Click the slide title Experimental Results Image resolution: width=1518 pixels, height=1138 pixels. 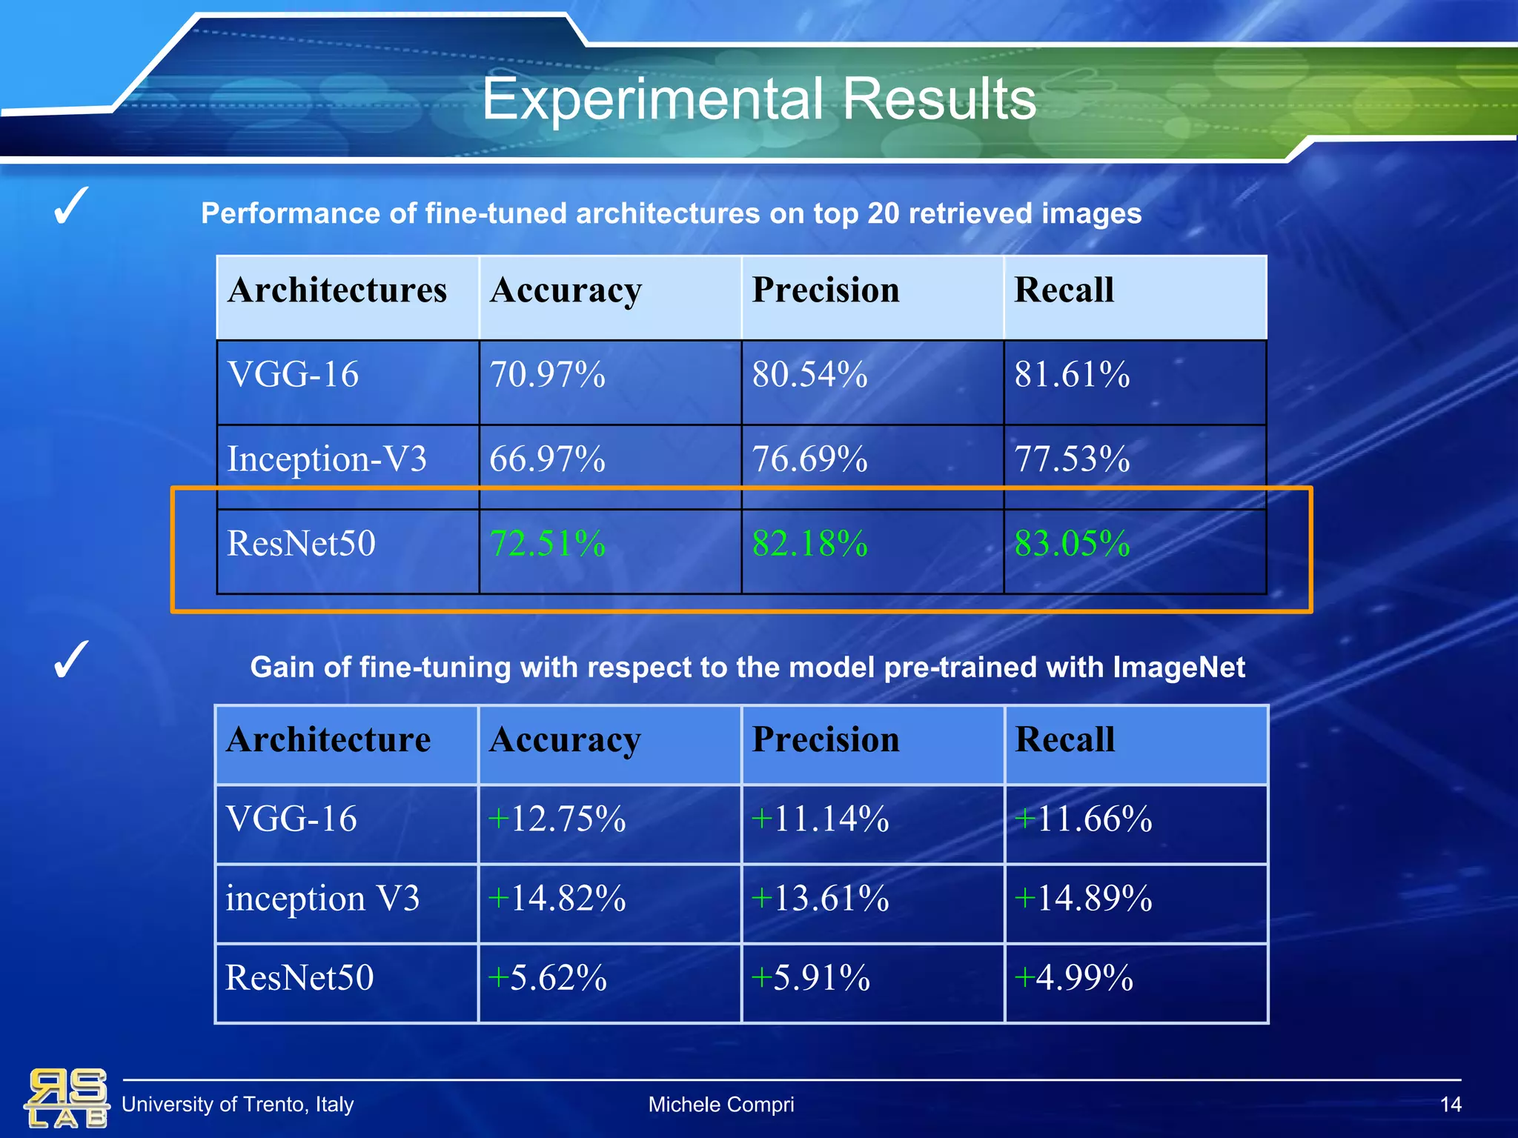[758, 99]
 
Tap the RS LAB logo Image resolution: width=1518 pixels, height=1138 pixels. [67, 1097]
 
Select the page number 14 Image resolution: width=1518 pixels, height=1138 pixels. [1450, 1105]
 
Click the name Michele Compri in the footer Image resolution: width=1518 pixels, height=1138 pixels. [720, 1105]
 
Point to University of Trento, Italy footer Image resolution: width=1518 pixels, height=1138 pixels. [237, 1105]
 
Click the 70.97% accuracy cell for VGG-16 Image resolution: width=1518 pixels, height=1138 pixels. [547, 375]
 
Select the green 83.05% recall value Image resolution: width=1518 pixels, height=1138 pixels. [1072, 544]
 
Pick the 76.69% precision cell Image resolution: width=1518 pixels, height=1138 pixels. [809, 459]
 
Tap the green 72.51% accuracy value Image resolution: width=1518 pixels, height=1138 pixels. [547, 544]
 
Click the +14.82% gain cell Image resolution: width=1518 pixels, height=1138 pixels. [557, 899]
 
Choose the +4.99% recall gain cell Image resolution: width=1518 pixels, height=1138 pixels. [1073, 978]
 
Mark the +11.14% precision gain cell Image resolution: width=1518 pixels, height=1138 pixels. [820, 819]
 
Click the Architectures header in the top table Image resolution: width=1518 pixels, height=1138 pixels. [337, 290]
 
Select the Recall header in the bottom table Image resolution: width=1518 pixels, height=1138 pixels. [1064, 740]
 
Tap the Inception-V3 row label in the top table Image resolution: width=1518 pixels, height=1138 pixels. [327, 459]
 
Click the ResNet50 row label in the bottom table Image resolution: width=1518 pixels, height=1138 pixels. [299, 978]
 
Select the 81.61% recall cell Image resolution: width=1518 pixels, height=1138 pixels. [1072, 375]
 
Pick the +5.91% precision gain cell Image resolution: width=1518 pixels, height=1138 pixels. [810, 978]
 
